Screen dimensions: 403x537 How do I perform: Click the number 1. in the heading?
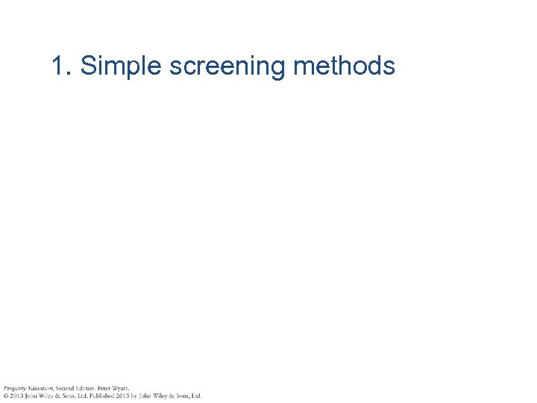coord(63,66)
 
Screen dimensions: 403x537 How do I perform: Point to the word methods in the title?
coord(344,66)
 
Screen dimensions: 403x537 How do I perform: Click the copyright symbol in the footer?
coord(5,396)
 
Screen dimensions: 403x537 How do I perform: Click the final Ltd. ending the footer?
coord(196,396)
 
